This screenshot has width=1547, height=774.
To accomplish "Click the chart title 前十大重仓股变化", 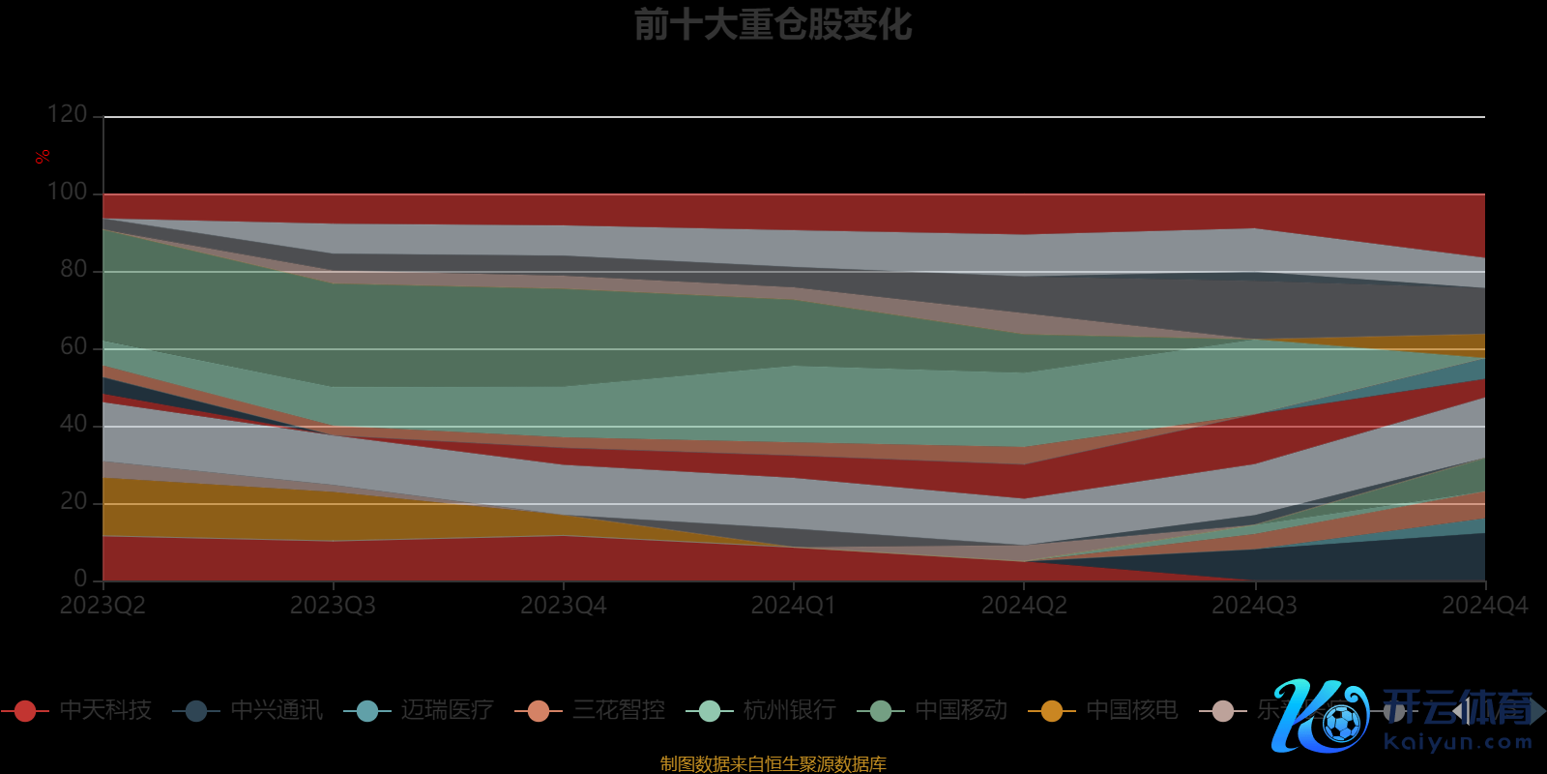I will point(773,25).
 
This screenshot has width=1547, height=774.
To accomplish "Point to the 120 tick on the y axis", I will point(68,114).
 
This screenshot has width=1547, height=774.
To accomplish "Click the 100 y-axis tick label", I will point(68,192).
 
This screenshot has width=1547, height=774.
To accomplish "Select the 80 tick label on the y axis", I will point(73,269).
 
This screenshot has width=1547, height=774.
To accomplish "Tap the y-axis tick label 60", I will point(73,346).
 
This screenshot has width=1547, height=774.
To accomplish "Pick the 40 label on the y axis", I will point(73,424).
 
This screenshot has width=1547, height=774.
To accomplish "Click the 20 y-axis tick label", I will point(73,501).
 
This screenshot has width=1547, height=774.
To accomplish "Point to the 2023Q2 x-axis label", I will point(102,606).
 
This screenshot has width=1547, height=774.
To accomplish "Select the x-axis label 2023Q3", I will point(333,606).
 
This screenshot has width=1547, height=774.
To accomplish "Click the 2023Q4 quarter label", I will point(564,606).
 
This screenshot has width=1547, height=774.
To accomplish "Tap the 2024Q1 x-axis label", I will point(794,606).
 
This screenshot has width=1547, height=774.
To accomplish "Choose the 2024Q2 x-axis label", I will point(1024,606).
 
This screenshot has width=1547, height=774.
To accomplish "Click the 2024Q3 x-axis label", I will point(1254,606).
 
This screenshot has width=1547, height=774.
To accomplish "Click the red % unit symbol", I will point(43,157).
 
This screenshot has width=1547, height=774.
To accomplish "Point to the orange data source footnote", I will point(773,764).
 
